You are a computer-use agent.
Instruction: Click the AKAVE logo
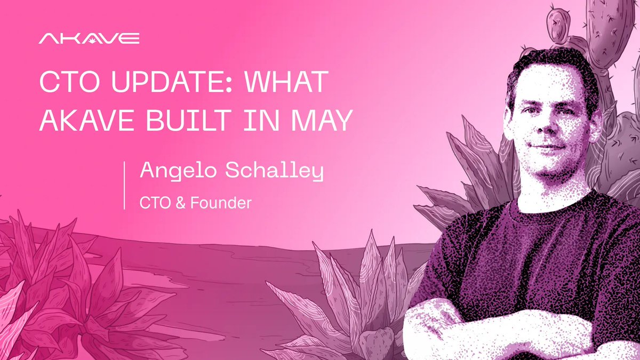pos(89,38)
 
